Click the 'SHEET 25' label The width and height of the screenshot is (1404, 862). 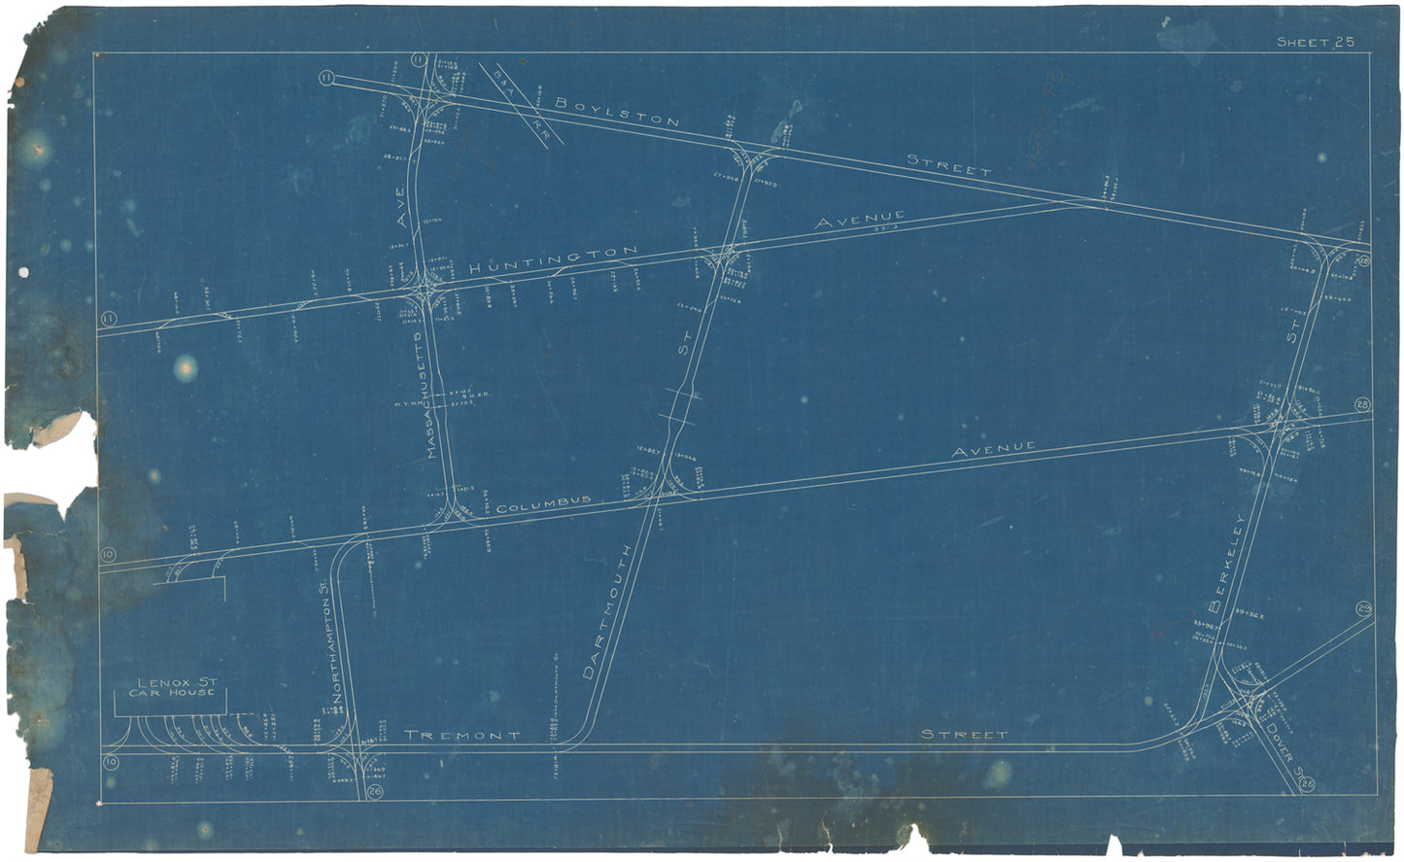[1315, 42]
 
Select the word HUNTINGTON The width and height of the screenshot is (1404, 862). [553, 259]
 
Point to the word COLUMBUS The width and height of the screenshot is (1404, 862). [543, 504]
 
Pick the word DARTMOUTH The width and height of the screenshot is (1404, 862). [608, 611]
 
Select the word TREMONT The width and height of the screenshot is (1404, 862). [462, 735]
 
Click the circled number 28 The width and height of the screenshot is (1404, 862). [1362, 405]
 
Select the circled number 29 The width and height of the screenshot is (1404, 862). [1363, 609]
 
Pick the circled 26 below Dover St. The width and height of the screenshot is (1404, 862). [1307, 784]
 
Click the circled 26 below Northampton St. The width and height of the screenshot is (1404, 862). [376, 793]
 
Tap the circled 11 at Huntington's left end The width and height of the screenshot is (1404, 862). [108, 318]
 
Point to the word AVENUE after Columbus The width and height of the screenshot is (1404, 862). [993, 449]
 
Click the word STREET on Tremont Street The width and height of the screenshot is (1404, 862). [964, 735]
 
